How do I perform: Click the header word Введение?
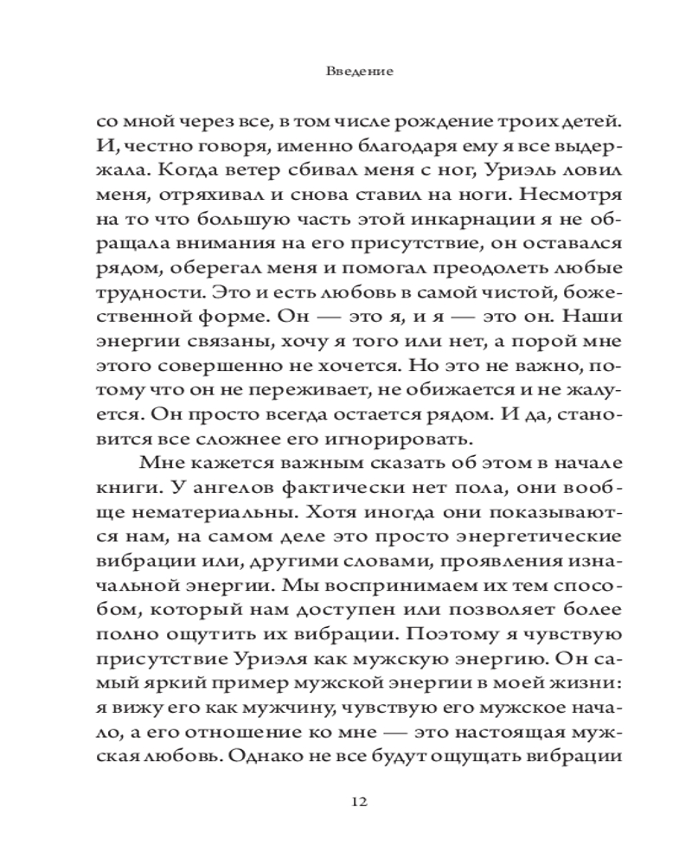coord(361,71)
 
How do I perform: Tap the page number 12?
coord(361,800)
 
